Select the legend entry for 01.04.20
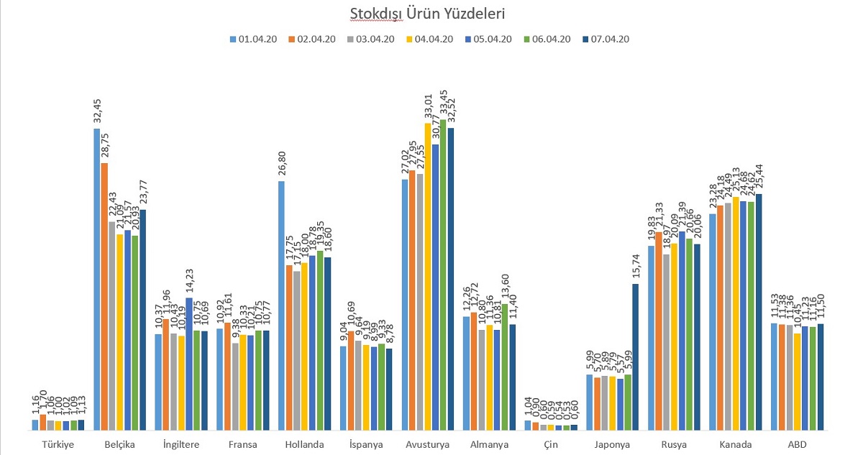(x=255, y=40)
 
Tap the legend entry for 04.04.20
(x=431, y=40)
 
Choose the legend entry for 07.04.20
(x=608, y=40)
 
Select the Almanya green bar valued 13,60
(x=505, y=367)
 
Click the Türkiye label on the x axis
(x=58, y=445)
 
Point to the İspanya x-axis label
(x=366, y=445)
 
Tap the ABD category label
(x=797, y=445)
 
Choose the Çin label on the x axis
(x=551, y=445)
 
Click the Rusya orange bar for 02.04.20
(x=659, y=331)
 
